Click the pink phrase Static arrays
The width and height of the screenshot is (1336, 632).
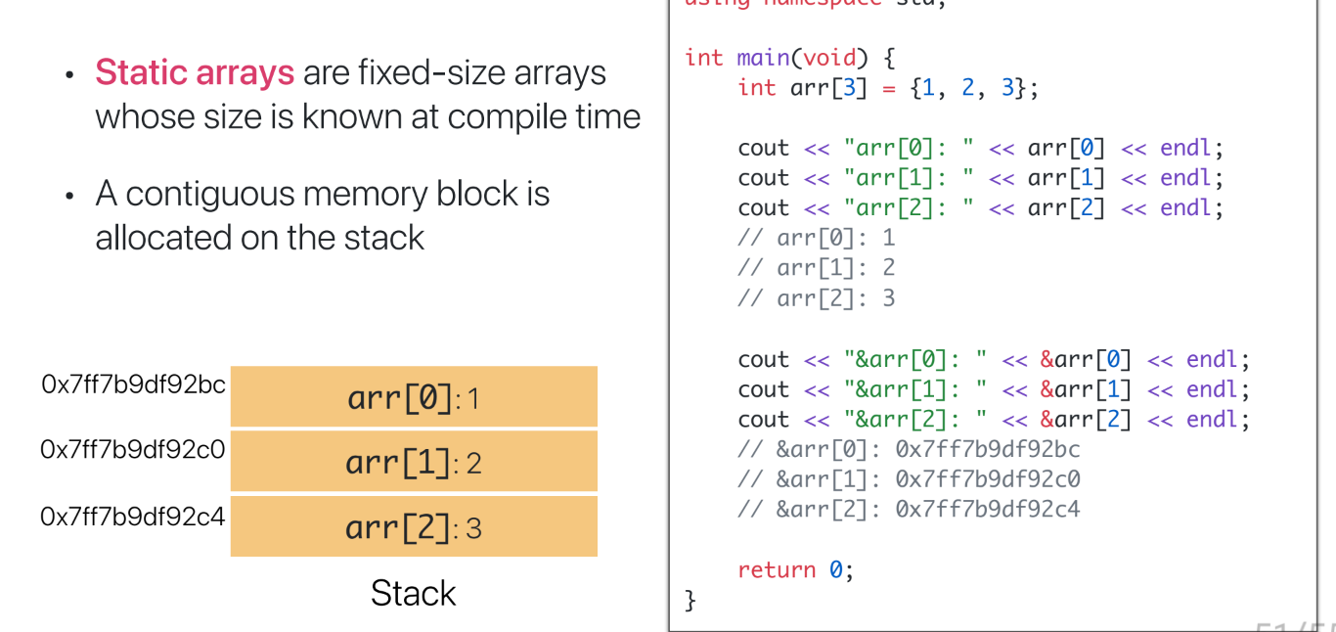(x=195, y=73)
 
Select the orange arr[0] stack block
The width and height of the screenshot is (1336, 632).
(x=414, y=397)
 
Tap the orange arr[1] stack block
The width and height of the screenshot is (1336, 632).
(x=414, y=461)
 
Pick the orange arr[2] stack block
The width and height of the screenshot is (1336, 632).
(x=414, y=527)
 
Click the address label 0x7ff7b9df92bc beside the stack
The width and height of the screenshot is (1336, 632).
(x=134, y=384)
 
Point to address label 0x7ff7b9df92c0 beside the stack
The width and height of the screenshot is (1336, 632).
(x=133, y=450)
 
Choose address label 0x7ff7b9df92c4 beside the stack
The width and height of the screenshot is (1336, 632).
(x=133, y=516)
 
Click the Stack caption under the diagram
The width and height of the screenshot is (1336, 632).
(x=413, y=593)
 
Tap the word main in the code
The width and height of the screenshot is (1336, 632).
(x=763, y=58)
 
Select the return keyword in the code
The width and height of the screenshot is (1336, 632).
(x=777, y=569)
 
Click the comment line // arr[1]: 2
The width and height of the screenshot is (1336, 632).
(x=816, y=268)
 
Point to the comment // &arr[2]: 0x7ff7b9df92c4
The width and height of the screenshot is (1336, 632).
(x=909, y=509)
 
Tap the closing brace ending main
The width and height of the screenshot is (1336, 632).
(x=690, y=599)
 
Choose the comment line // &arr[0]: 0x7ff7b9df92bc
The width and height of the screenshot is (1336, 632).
(x=909, y=449)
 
